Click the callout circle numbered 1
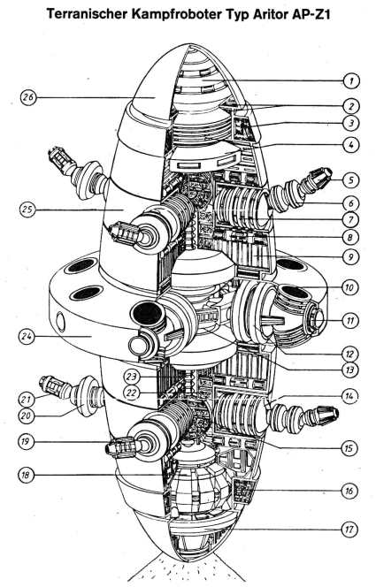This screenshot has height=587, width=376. click(x=351, y=80)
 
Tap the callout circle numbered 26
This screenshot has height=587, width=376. click(x=28, y=98)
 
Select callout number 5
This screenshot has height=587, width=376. click(x=351, y=180)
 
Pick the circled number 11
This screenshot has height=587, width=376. click(x=350, y=321)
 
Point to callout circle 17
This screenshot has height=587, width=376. click(x=349, y=530)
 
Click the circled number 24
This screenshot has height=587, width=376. click(x=27, y=336)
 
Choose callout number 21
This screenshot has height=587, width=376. click(x=26, y=400)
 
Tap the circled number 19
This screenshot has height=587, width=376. click(x=25, y=441)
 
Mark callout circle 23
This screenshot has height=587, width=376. click(x=132, y=377)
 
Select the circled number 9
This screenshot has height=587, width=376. click(x=351, y=256)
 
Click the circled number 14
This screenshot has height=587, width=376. click(x=349, y=396)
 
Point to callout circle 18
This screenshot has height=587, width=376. click(x=26, y=476)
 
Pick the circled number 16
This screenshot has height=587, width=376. click(x=349, y=491)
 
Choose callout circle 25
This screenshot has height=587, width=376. click(x=28, y=210)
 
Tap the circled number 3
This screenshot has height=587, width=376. click(x=351, y=123)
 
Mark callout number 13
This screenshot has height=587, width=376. click(x=350, y=370)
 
